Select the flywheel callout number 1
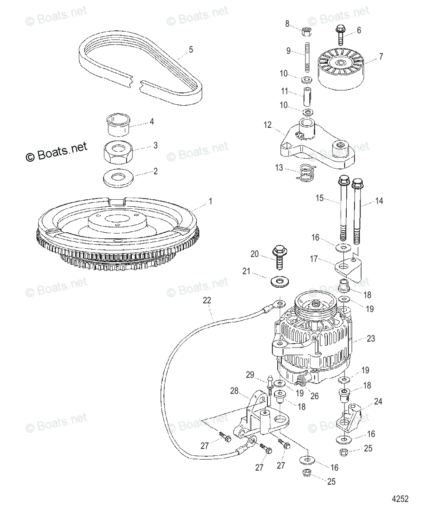coord(211,201)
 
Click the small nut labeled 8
coord(305,31)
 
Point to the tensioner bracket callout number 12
coord(267,125)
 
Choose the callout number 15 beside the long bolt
coord(319,198)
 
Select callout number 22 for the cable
coord(207,300)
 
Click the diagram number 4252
coord(400,499)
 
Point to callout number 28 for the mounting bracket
coord(234,391)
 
